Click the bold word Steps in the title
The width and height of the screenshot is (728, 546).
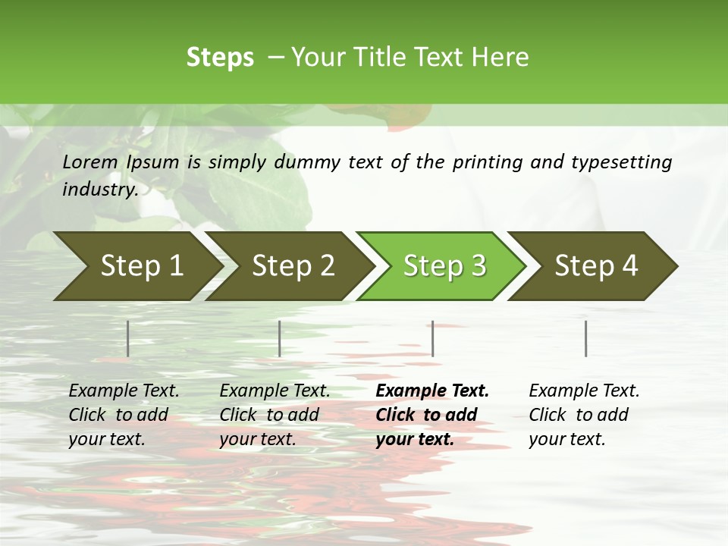pos(220,58)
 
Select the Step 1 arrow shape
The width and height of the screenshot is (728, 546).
pos(136,266)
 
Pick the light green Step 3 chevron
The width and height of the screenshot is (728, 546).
pos(444,266)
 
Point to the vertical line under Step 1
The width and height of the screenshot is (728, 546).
pos(128,338)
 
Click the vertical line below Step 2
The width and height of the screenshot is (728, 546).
pos(280,338)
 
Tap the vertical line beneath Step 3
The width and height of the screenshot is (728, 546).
pos(433,338)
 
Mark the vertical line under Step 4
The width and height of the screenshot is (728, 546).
pos(586,338)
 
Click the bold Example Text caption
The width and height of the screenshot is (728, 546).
pos(431,415)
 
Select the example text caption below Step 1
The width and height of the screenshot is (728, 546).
pos(124,415)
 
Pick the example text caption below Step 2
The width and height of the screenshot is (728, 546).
pos(275,415)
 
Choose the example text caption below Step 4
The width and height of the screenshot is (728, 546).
pos(584,415)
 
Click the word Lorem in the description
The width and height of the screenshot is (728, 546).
pos(90,162)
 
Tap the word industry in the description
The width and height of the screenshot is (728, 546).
pos(99,190)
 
